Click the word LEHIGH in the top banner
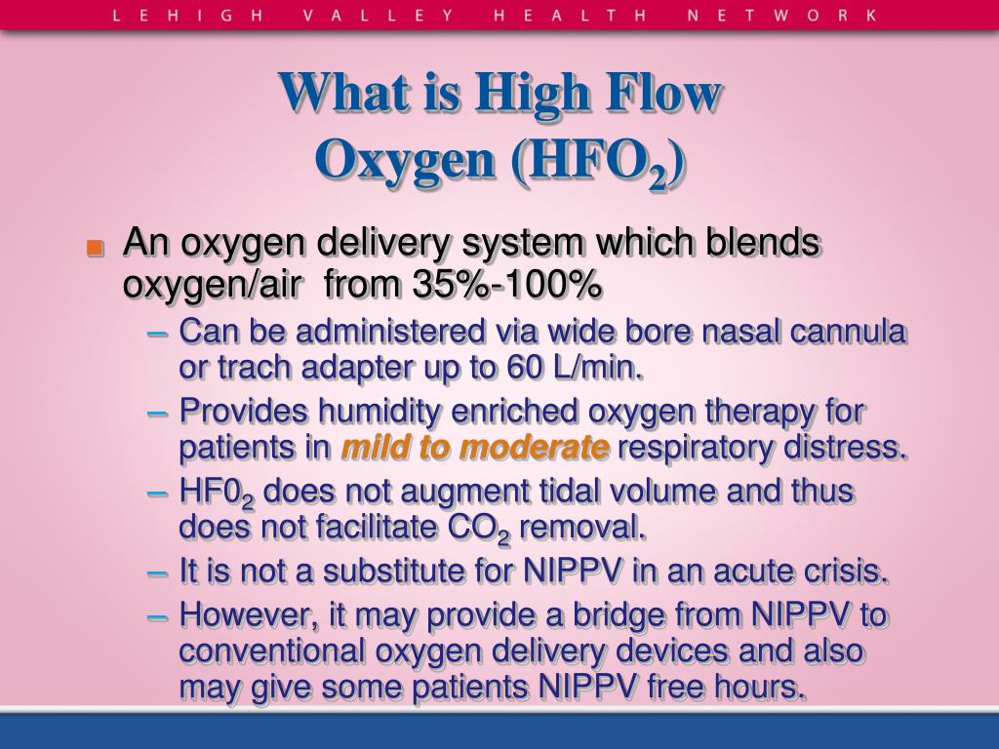click(x=175, y=16)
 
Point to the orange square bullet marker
click(x=95, y=248)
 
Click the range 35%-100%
click(x=506, y=285)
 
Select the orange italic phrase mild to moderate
click(x=475, y=448)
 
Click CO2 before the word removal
click(x=478, y=530)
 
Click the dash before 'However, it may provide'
click(x=158, y=615)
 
